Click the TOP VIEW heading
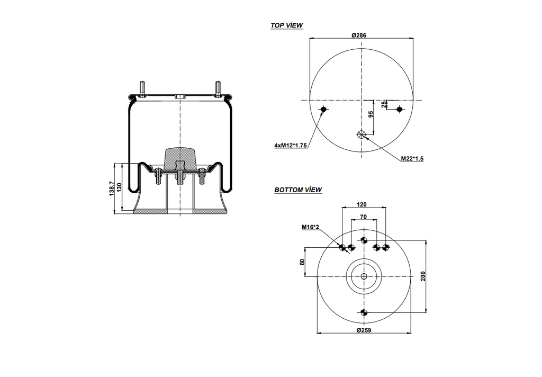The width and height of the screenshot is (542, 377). pos(286,25)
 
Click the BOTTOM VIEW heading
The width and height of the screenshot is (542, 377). pos(298,190)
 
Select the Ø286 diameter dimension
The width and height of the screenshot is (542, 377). pos(359,35)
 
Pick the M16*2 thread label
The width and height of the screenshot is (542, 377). pos(311,227)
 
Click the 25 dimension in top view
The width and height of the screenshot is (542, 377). pos(385,104)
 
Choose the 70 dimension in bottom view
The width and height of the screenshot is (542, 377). pos(364,217)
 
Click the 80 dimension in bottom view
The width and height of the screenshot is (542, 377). pos(303,262)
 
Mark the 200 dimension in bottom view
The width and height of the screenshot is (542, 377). pos(423,275)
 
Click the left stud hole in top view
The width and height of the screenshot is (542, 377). pos(324,110)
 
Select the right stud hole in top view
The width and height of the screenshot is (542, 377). pos(399,110)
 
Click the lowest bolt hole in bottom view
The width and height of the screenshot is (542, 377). pos(364,312)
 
